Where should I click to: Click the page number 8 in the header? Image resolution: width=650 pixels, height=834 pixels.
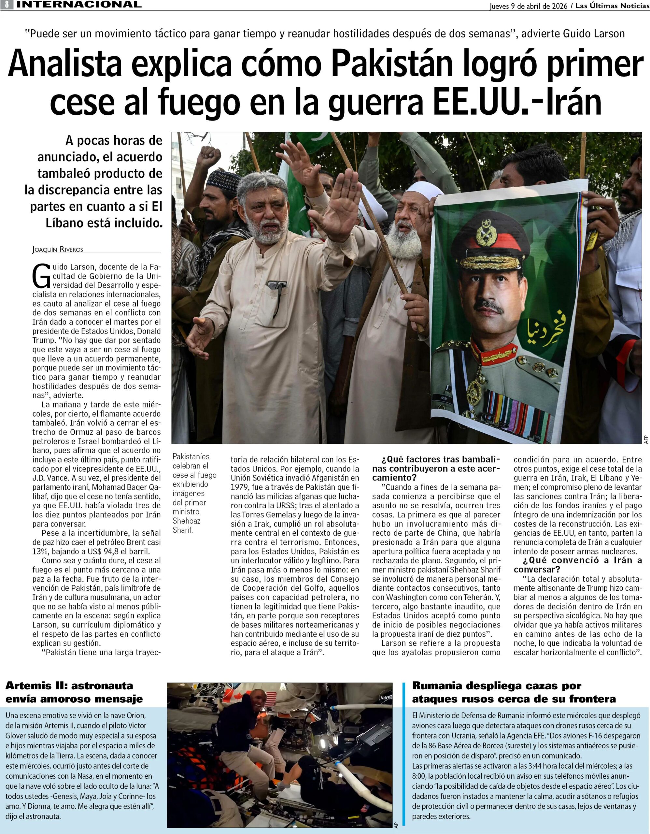pos(7,5)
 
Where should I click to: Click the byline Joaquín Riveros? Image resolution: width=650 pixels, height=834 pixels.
pos(58,250)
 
